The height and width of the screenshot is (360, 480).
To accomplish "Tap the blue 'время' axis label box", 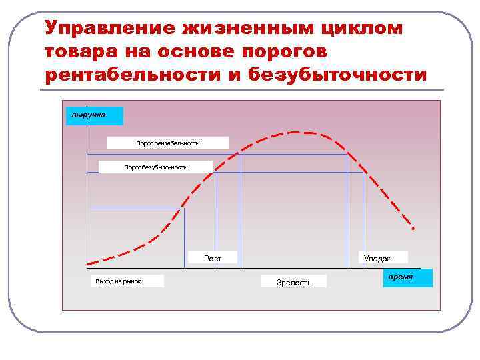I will (x=407, y=277).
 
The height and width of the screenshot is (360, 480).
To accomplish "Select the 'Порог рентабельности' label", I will (x=167, y=143).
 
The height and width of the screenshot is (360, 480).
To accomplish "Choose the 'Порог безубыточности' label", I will (x=155, y=167).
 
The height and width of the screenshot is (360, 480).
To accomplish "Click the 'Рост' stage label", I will (x=213, y=258).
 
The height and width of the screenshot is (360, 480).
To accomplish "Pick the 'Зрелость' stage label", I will (x=294, y=282).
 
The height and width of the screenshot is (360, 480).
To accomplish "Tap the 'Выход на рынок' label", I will (x=118, y=281).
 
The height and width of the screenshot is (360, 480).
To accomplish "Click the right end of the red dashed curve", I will (x=413, y=229).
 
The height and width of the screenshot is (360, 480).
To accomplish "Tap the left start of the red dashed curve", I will (x=88, y=263).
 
